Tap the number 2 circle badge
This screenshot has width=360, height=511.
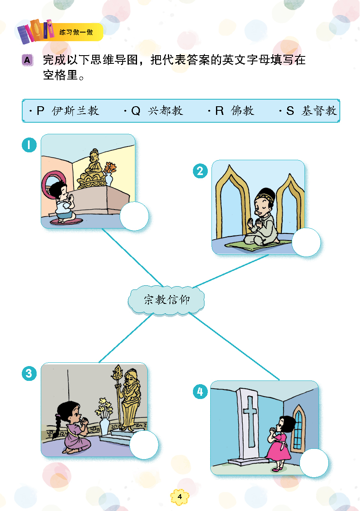pyautogui.click(x=200, y=170)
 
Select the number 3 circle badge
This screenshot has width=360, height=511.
pyautogui.click(x=29, y=373)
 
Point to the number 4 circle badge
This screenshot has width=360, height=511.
pyautogui.click(x=200, y=392)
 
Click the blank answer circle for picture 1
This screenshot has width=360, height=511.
pyautogui.click(x=134, y=216)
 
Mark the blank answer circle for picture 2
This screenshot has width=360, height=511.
pyautogui.click(x=306, y=242)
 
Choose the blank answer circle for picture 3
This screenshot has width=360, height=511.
pyautogui.click(x=144, y=445)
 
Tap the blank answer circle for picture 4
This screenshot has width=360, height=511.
pyautogui.click(x=314, y=463)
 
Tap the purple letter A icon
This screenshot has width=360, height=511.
pyautogui.click(x=28, y=60)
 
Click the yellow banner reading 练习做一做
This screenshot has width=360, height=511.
pyautogui.click(x=77, y=32)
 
